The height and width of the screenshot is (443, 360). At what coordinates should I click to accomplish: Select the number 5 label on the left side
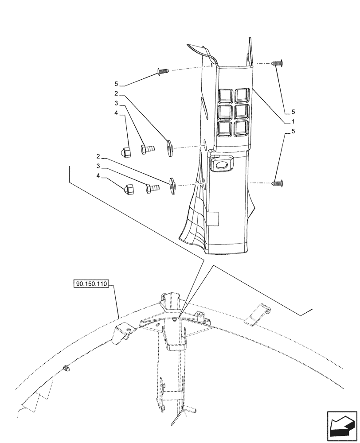pos(116,84)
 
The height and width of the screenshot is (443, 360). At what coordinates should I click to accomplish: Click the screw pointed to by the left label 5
pos(163,71)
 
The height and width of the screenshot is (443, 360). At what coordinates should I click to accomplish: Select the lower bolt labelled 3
pos(153,189)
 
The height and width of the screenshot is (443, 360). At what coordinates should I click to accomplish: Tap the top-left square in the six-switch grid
pos(226,95)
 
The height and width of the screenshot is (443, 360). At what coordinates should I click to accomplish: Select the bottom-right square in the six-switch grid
pos(242,128)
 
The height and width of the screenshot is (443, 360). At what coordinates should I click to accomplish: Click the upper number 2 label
pos(116,94)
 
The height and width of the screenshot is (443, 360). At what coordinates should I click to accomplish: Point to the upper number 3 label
pos(116,103)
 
